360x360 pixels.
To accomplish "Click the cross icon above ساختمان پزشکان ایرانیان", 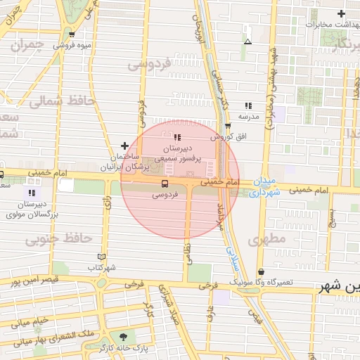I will [124, 146].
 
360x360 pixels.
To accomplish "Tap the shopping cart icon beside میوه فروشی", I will [72, 34].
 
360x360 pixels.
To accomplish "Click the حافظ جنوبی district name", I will [58, 239].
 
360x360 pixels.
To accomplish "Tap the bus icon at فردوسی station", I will [165, 184].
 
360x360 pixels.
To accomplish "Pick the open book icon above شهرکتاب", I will [103, 257].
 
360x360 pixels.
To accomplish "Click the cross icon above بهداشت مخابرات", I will [341, 13].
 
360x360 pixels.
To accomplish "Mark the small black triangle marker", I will [247, 42].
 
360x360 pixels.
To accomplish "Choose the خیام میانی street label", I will [30, 323].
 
